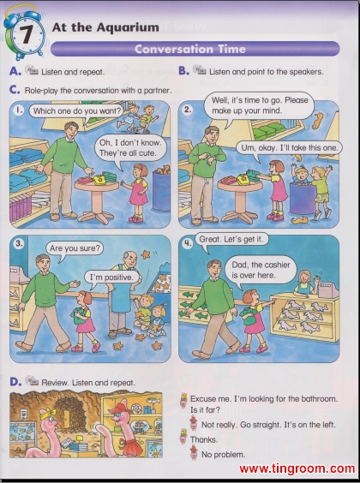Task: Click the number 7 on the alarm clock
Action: click(27, 34)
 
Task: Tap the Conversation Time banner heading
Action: click(190, 49)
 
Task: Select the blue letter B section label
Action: click(183, 71)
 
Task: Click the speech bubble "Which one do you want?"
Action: click(76, 110)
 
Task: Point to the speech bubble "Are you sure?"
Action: click(75, 248)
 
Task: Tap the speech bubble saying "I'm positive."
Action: click(111, 277)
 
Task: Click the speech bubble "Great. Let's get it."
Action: click(231, 239)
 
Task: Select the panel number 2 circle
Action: click(188, 110)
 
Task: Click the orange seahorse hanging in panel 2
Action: click(317, 121)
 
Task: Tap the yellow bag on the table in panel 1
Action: click(99, 179)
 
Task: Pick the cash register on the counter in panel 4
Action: click(328, 289)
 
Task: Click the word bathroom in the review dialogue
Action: click(319, 398)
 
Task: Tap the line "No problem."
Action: click(223, 455)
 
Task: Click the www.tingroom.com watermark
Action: click(297, 468)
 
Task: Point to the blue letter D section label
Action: click(15, 382)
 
